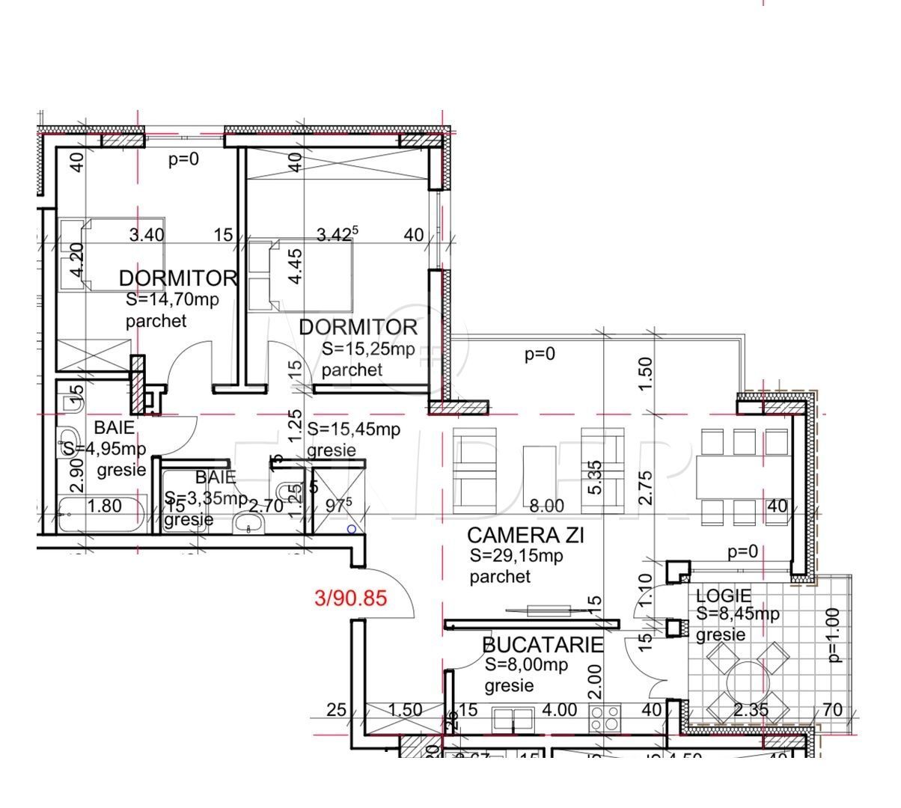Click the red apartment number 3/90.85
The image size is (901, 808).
pos(351,599)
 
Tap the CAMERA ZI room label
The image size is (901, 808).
pos(525,536)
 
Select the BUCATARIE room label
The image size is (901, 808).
pos(543,645)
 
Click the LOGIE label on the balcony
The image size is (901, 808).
pos(723,596)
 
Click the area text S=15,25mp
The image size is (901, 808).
pos(368,349)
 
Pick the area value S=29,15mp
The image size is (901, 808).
pos(516,557)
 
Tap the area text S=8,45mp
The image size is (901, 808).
pos(738,614)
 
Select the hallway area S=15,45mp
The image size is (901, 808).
pos(354,429)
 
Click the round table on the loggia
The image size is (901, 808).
pos(745,681)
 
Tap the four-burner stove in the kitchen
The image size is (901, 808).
pos(605,719)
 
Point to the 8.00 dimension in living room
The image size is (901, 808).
pos(546,506)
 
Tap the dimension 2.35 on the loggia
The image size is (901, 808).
pos(750,710)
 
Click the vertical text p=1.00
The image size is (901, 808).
pos(835,635)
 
